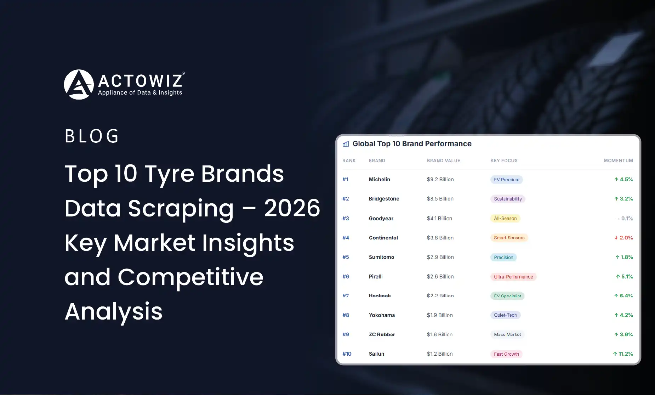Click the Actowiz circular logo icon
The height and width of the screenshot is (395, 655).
coord(79,84)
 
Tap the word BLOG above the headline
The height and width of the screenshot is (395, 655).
coord(92,136)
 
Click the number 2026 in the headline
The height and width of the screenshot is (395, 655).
coord(292,208)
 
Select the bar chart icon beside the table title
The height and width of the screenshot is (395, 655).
coord(346,144)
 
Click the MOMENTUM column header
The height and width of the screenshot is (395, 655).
coord(618,160)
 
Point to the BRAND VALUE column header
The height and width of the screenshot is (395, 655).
coord(443,160)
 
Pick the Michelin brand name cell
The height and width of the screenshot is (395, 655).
coord(379,179)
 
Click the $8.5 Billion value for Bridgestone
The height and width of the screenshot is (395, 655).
coord(440,199)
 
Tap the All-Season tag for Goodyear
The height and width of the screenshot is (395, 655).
coord(505,219)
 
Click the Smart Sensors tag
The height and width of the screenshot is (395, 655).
coord(509,238)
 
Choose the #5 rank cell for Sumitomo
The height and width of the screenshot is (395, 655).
coord(346,257)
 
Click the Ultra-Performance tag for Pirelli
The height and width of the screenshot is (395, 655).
coord(513,277)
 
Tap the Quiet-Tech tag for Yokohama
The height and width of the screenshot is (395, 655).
coord(505,315)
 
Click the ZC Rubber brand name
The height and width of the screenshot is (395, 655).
coord(382,334)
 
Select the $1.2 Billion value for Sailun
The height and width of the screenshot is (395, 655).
coord(439,354)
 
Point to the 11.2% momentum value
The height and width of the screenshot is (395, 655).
coord(623,354)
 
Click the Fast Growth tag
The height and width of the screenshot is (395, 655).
coord(506,354)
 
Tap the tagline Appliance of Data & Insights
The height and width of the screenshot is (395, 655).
coord(140,92)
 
